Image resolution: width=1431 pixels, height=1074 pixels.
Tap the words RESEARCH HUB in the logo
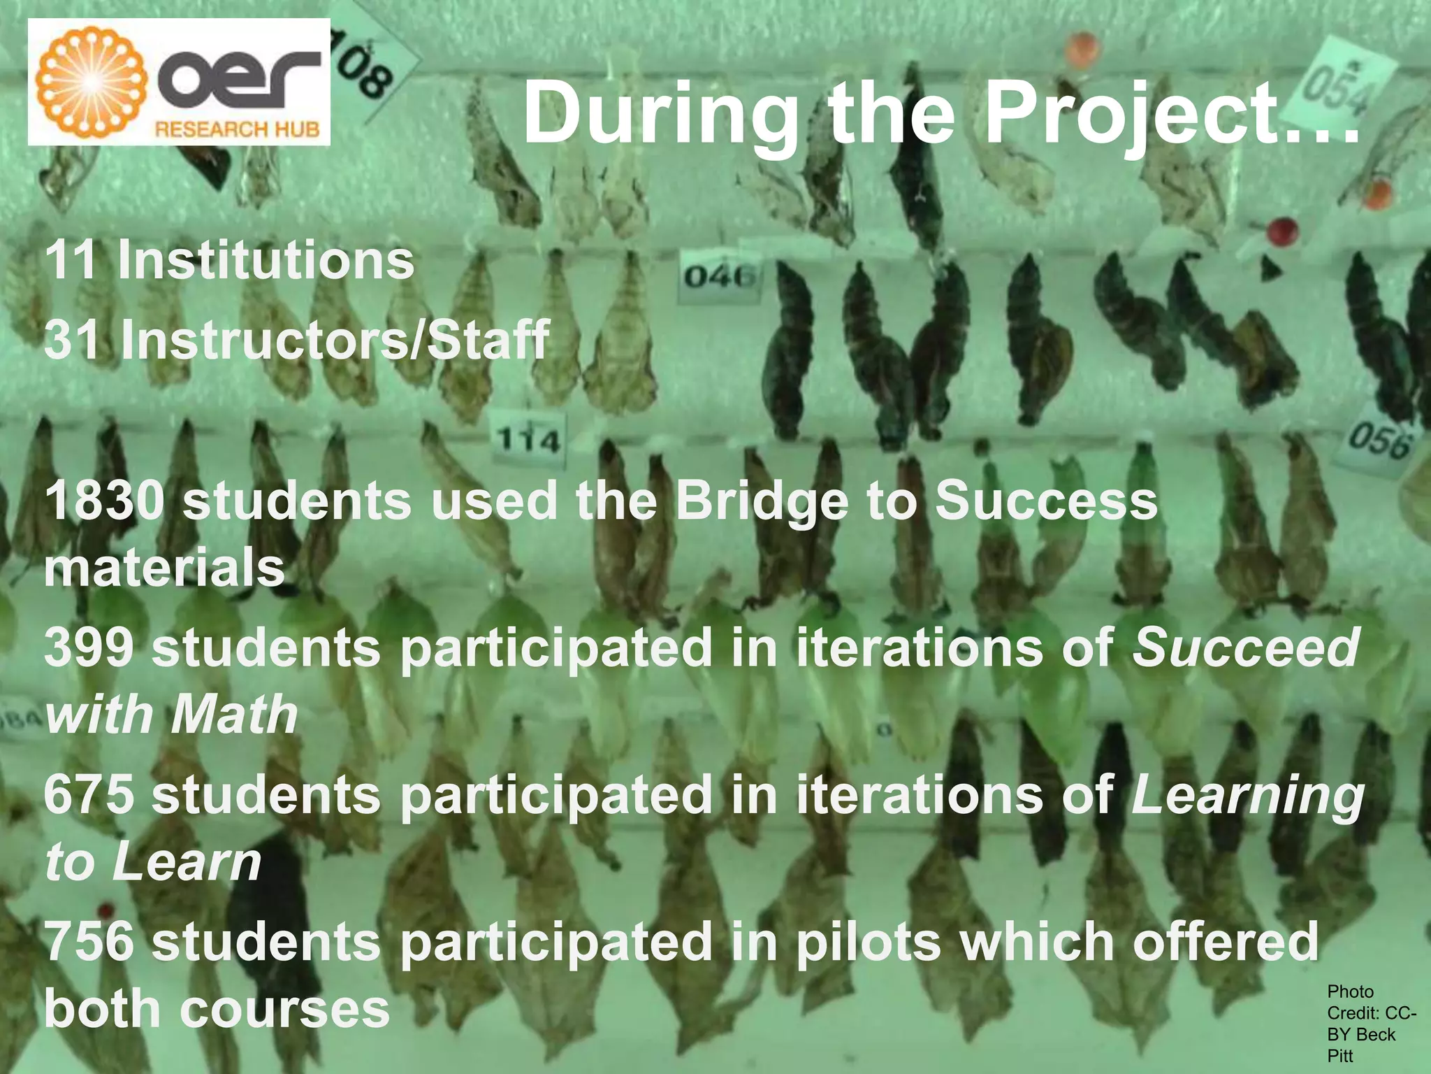(x=237, y=129)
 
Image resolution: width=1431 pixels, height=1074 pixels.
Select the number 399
(x=89, y=647)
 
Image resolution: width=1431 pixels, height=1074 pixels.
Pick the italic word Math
(x=234, y=715)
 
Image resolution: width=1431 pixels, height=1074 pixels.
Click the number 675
(x=89, y=795)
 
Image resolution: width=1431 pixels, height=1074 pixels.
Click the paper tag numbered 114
(x=528, y=440)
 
